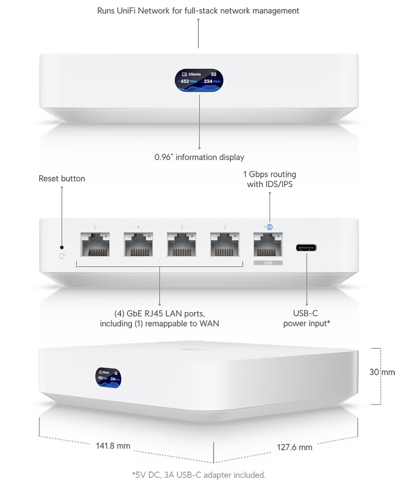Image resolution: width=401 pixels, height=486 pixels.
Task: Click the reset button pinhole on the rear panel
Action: [x=61, y=247]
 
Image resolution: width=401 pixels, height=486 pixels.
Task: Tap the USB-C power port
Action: [x=306, y=248]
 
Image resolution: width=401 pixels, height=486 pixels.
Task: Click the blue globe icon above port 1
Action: [x=270, y=227]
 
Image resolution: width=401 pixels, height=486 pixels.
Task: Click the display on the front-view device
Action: [x=199, y=78]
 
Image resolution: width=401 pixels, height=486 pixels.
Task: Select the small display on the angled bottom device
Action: [x=108, y=376]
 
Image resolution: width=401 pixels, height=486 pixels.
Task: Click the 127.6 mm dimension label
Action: [x=294, y=447]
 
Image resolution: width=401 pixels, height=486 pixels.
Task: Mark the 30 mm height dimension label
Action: [x=382, y=372]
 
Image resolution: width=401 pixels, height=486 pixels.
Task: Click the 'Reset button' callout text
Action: [x=62, y=179]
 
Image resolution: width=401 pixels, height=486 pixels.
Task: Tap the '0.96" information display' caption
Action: [x=199, y=157]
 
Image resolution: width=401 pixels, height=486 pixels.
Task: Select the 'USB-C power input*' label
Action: [x=306, y=319]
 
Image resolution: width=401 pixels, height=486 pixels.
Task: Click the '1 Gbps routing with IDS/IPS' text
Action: [x=270, y=179]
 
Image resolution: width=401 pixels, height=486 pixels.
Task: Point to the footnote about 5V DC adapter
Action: [x=198, y=475]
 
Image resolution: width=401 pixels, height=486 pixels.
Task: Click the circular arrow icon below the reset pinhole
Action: [x=61, y=256]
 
